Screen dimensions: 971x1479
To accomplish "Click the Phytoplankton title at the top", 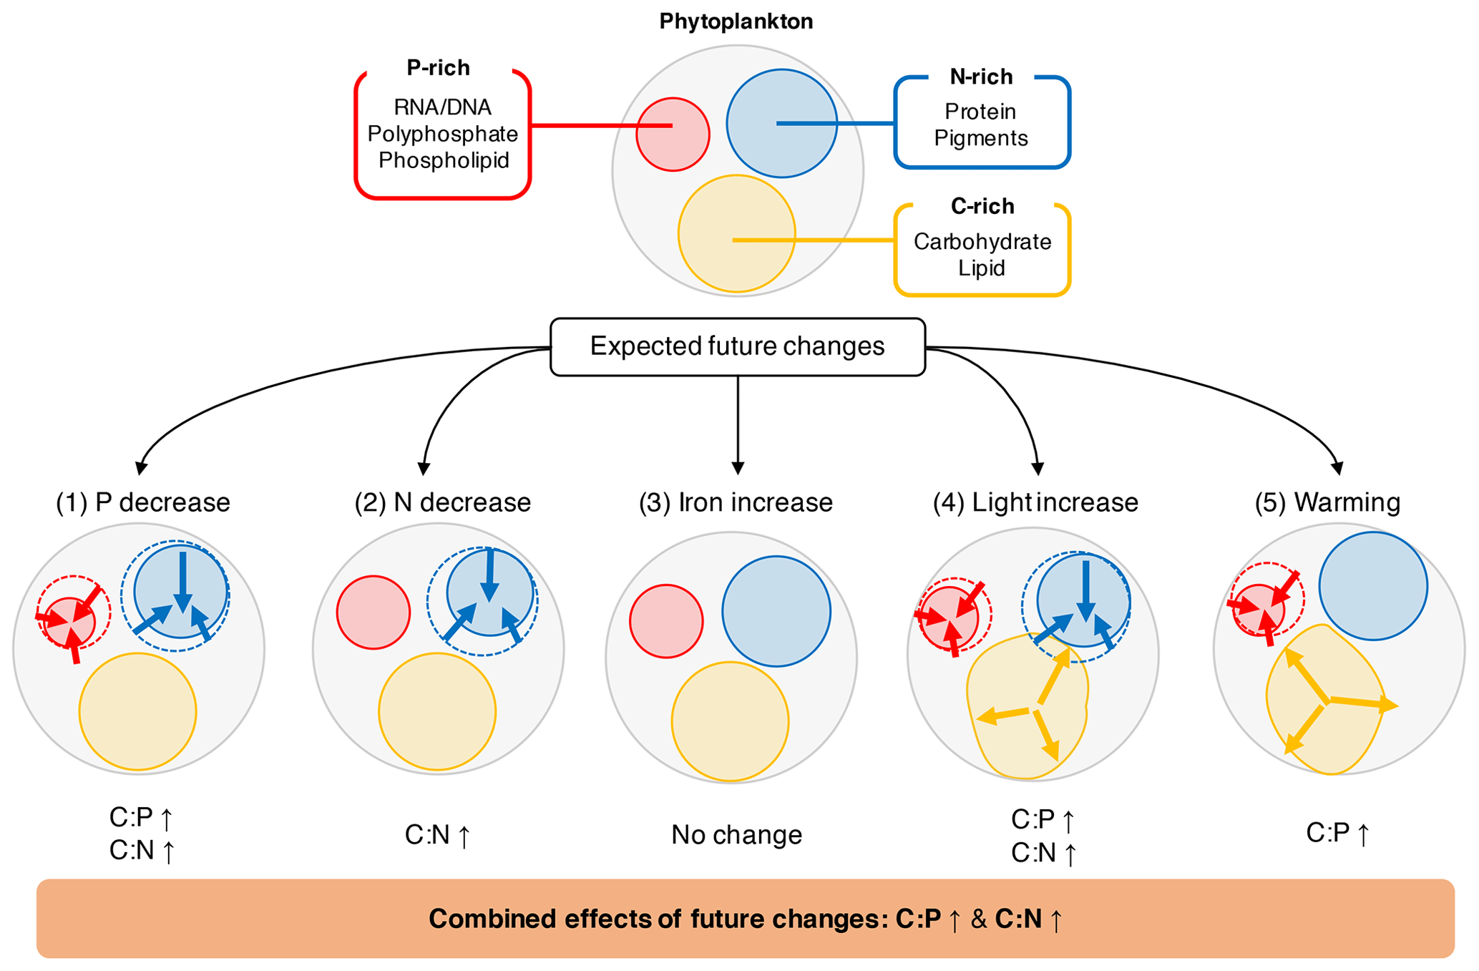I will [736, 21].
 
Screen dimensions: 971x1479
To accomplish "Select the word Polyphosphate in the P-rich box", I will [442, 134].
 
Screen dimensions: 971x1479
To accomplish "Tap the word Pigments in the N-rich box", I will [980, 138].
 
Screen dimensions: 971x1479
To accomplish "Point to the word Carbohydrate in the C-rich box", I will [982, 242].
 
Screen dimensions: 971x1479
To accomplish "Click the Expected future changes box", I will [737, 347].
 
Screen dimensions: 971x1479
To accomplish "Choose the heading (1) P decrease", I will [143, 502].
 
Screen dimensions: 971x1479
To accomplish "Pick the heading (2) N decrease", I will [442, 502].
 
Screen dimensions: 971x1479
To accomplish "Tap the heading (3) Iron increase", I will [736, 502].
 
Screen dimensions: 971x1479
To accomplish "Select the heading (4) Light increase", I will [1035, 502].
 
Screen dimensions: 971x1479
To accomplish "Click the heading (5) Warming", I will [1327, 502].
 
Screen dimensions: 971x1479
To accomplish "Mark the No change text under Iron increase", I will [736, 834].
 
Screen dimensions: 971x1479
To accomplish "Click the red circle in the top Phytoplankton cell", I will [673, 135].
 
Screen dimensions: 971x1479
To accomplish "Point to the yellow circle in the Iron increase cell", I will [730, 721].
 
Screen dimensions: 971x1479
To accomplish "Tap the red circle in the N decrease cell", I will [373, 613].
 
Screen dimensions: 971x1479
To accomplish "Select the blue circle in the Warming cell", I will [1372, 585].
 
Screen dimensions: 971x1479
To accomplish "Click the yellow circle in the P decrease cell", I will [137, 712].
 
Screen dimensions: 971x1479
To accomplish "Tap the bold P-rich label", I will [438, 68].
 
